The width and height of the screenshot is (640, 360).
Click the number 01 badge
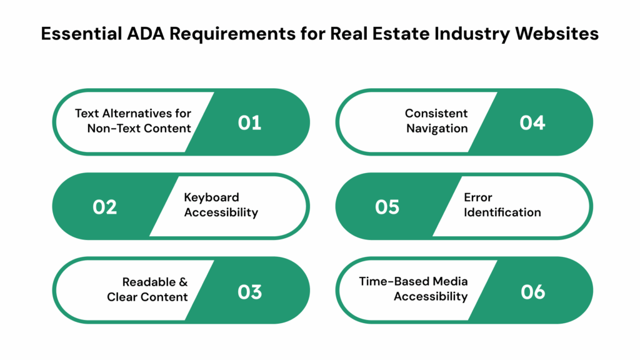click(249, 122)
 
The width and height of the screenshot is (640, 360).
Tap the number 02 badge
click(105, 207)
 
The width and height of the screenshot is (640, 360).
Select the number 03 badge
click(250, 292)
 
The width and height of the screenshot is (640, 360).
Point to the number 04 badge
click(532, 122)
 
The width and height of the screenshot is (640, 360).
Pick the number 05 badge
click(387, 207)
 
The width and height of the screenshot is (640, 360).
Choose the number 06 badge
click(533, 292)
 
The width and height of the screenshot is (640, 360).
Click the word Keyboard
click(211, 198)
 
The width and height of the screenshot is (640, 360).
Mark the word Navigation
click(437, 129)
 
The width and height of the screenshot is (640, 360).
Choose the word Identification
click(502, 212)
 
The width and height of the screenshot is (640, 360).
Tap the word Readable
click(149, 282)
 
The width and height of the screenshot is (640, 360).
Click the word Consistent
click(436, 114)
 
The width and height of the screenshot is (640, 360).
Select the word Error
click(478, 198)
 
